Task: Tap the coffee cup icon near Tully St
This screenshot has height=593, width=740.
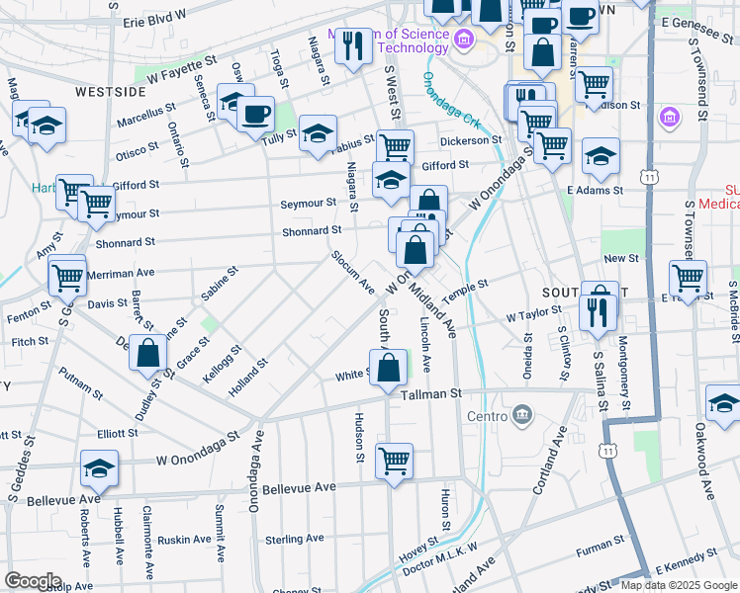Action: coord(255,113)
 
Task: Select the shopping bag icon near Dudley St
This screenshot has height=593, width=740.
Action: coord(147,353)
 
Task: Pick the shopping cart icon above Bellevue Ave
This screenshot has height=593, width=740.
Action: coord(394,460)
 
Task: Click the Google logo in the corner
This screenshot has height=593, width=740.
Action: coord(33,581)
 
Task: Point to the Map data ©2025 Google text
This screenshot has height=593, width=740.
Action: coord(679,585)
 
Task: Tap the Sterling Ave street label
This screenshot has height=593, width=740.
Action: coord(295,539)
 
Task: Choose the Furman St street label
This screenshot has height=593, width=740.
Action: coord(601,542)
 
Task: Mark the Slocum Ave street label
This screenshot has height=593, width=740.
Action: coord(352,274)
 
